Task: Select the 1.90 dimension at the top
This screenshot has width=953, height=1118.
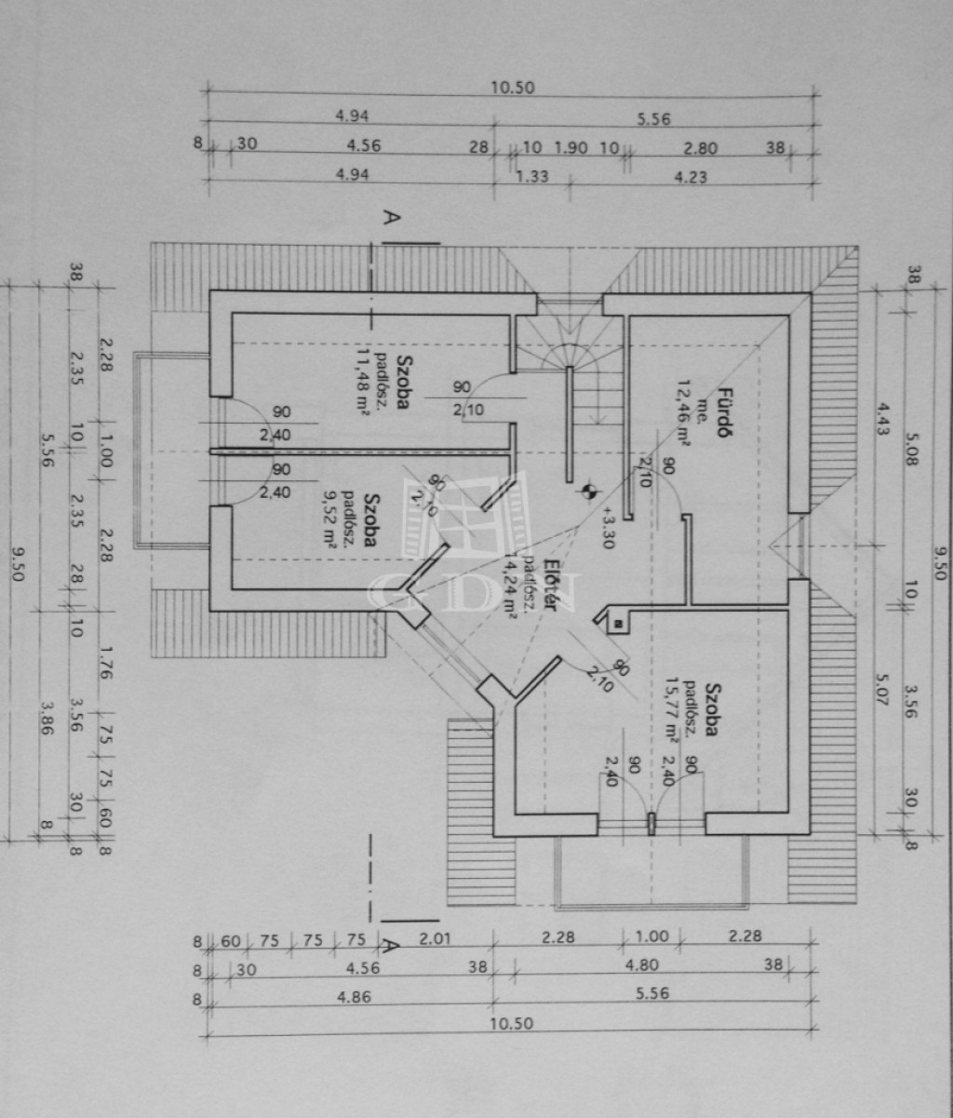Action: (570, 147)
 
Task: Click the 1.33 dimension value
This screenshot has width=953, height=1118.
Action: (532, 177)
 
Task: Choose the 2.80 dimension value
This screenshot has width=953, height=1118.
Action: (700, 147)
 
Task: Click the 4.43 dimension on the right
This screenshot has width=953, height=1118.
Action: (880, 419)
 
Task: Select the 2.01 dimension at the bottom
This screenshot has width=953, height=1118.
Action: (435, 938)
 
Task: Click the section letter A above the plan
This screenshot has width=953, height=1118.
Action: (393, 220)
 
